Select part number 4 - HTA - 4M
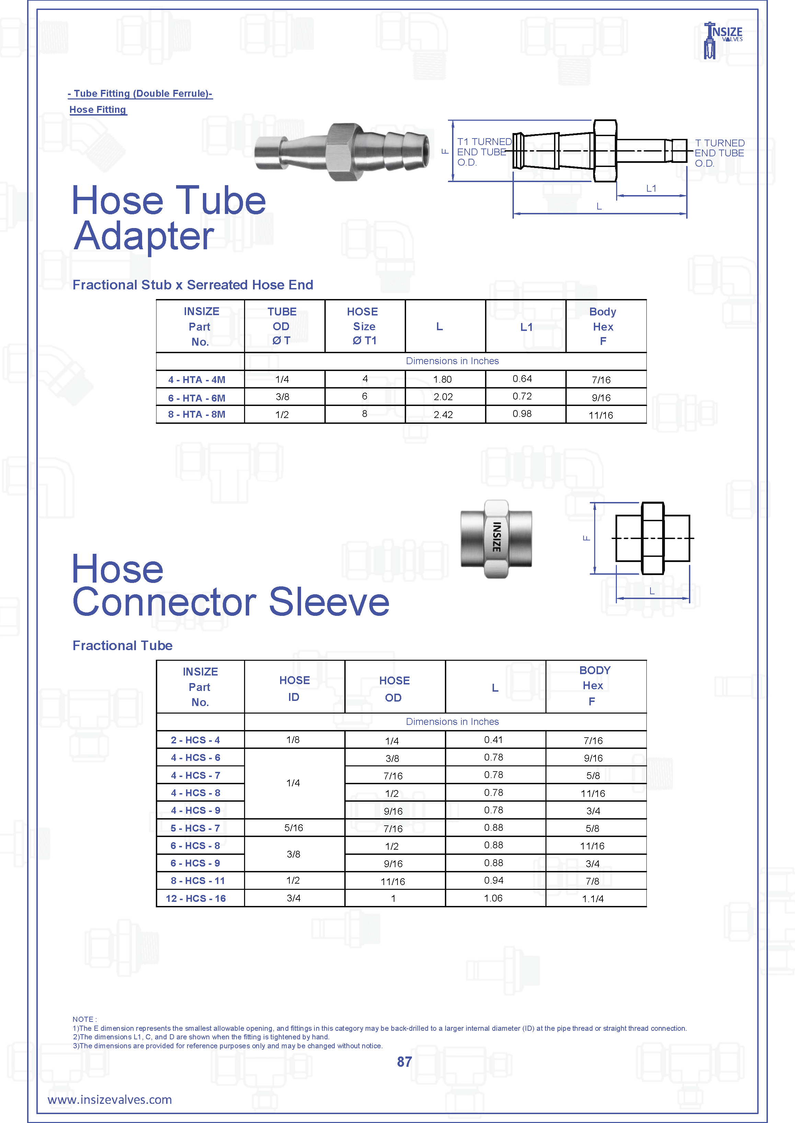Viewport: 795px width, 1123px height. pos(196,380)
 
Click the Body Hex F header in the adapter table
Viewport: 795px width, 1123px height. pos(603,326)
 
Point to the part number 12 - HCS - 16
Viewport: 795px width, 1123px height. pos(196,898)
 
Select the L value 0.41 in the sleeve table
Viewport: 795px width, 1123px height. pos(494,740)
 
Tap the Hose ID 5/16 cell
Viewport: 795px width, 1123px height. pos(294,827)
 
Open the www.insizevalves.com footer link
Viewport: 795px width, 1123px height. pos(110,1100)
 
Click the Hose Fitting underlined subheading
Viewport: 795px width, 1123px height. pos(98,110)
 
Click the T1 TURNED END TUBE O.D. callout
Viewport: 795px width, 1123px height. pos(484,152)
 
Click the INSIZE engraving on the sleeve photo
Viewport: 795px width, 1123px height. pos(496,538)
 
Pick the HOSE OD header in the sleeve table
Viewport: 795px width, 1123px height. pos(394,689)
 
